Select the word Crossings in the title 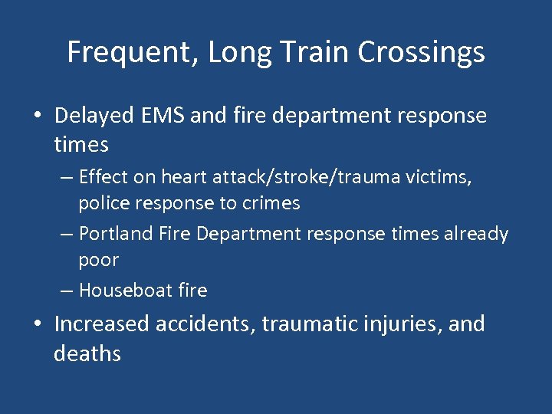tap(422, 53)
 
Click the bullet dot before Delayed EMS tap(38, 117)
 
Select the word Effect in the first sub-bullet tap(103, 178)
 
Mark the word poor tap(98, 261)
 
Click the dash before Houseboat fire tap(67, 291)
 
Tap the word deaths tap(87, 353)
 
